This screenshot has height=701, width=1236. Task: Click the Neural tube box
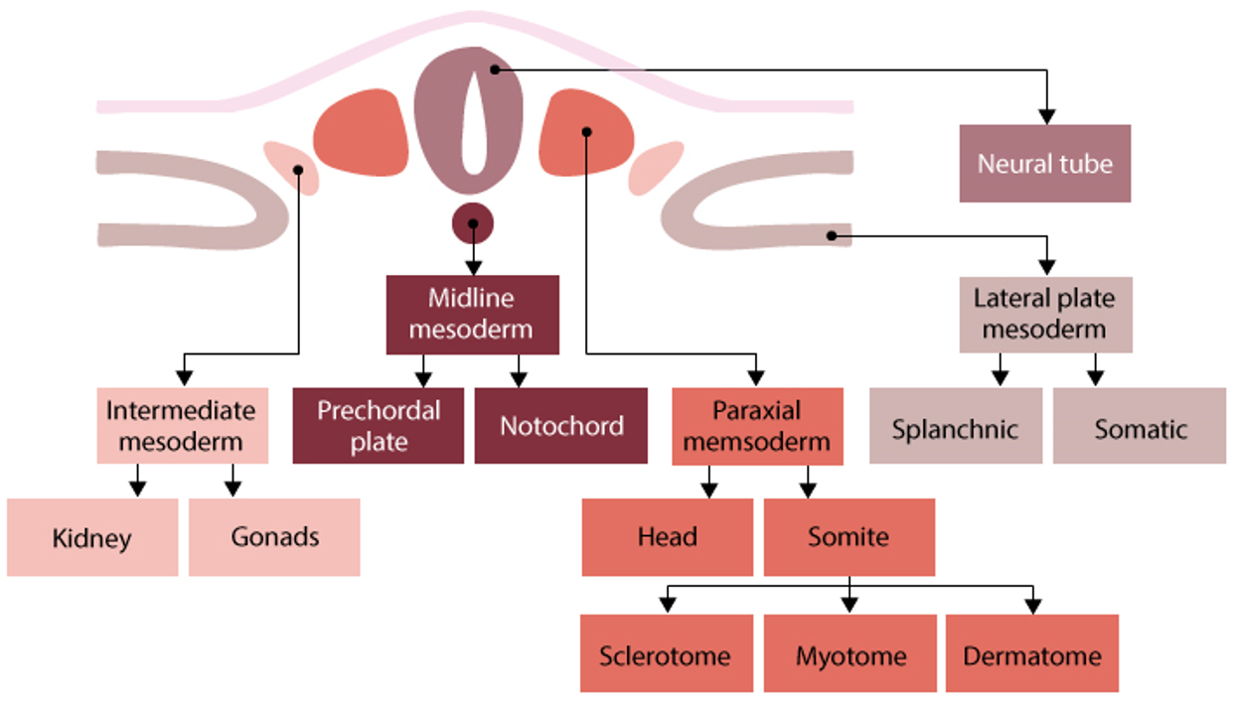pos(1044,163)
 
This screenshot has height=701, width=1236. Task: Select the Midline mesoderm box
pos(472,314)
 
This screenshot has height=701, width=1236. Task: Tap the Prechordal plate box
pos(378,425)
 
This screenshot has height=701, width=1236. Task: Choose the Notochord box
pos(560,425)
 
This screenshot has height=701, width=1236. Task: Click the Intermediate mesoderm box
pos(182,425)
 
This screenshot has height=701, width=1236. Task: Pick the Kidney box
pos(92,537)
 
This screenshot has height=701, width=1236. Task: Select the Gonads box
pos(274,537)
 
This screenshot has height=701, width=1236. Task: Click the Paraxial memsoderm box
pos(757,425)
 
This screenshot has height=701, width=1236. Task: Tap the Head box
pos(667,537)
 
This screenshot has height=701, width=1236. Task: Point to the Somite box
pos(849,537)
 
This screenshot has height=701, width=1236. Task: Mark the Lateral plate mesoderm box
pos(1045,314)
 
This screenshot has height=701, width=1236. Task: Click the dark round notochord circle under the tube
pos(473,223)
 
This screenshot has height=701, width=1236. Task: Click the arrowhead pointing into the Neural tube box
pos(1045,115)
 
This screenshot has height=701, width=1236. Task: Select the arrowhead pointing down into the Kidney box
pos(138,489)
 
